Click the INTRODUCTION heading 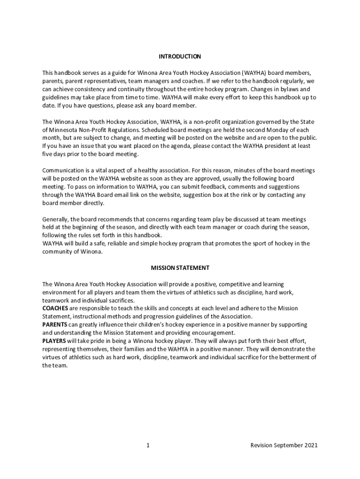point(180,57)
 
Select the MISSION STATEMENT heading point(180,268)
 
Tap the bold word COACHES point(55,309)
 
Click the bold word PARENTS point(55,325)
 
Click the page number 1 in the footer point(148,445)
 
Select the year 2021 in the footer point(310,445)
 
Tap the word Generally point(55,219)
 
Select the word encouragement point(213,333)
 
